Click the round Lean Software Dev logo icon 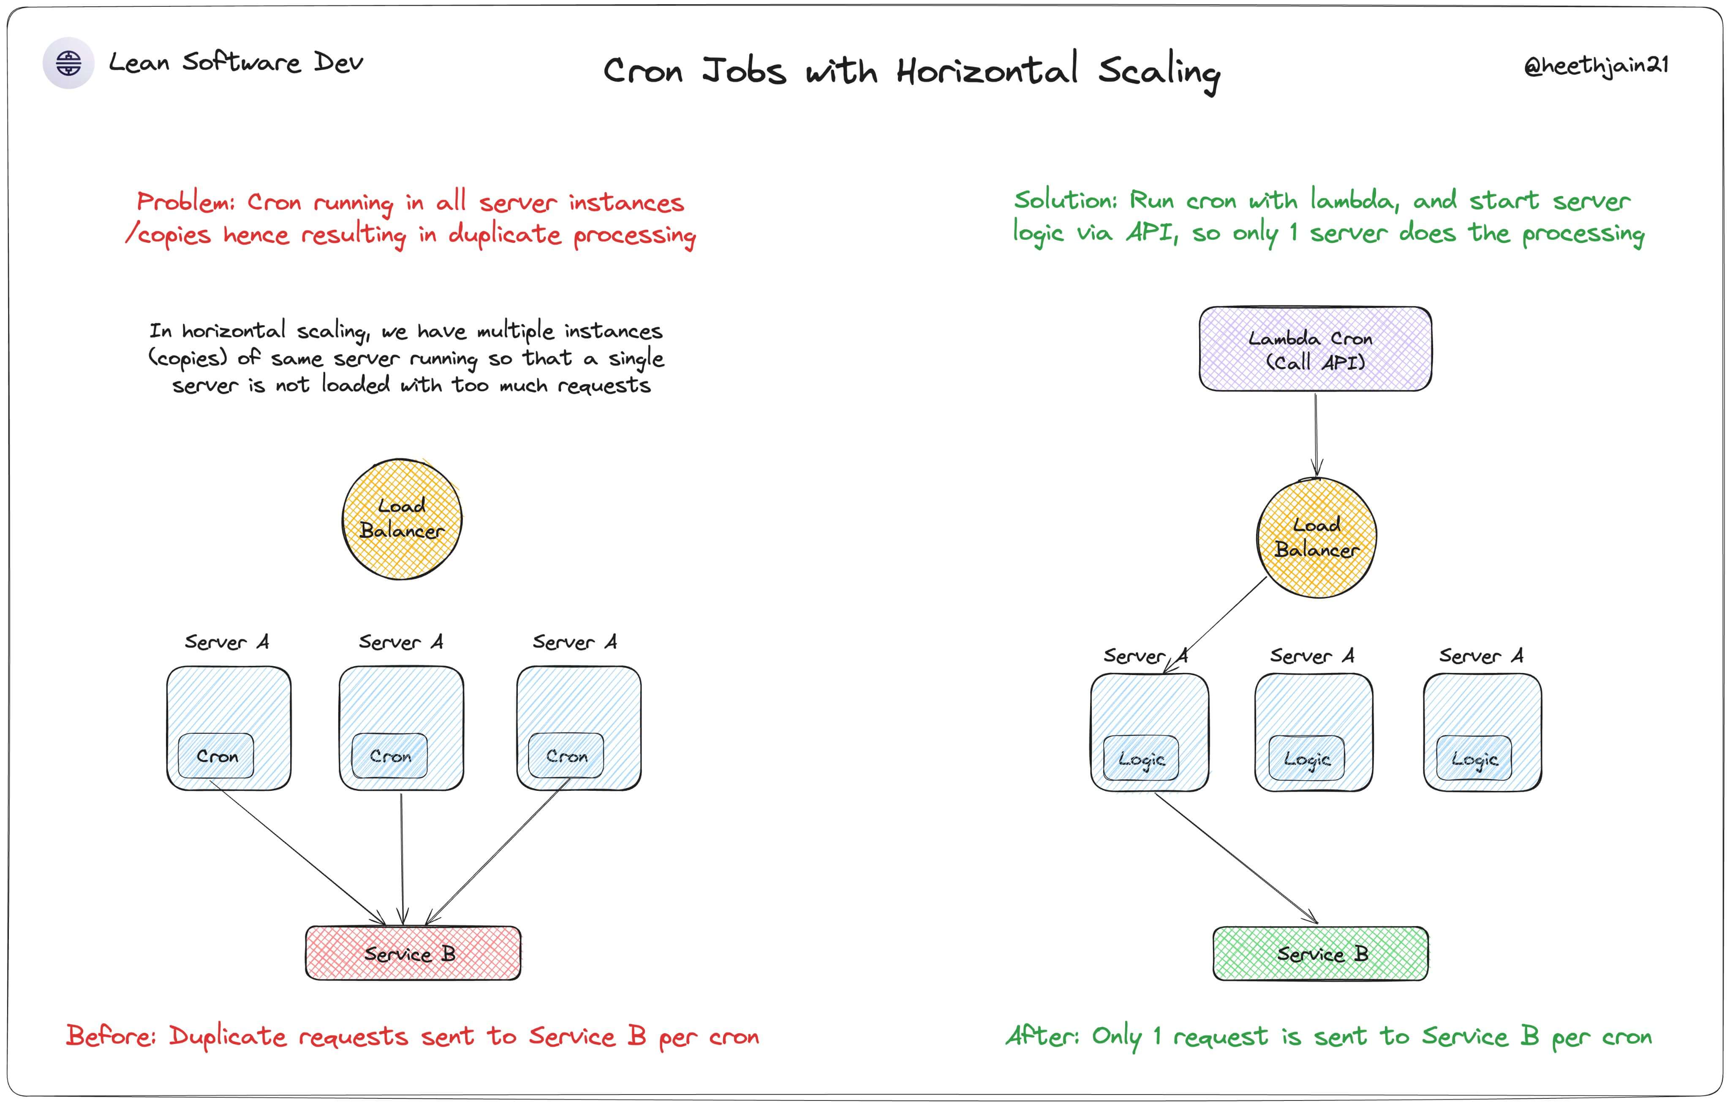(68, 63)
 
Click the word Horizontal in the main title (987, 71)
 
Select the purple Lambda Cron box (1315, 349)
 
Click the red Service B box (413, 953)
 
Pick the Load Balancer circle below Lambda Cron (1316, 537)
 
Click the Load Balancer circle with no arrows (402, 519)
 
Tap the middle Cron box (390, 756)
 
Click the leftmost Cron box (216, 756)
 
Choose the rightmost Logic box (1474, 759)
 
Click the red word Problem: (185, 202)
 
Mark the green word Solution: (1065, 201)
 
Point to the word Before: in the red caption (112, 1036)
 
